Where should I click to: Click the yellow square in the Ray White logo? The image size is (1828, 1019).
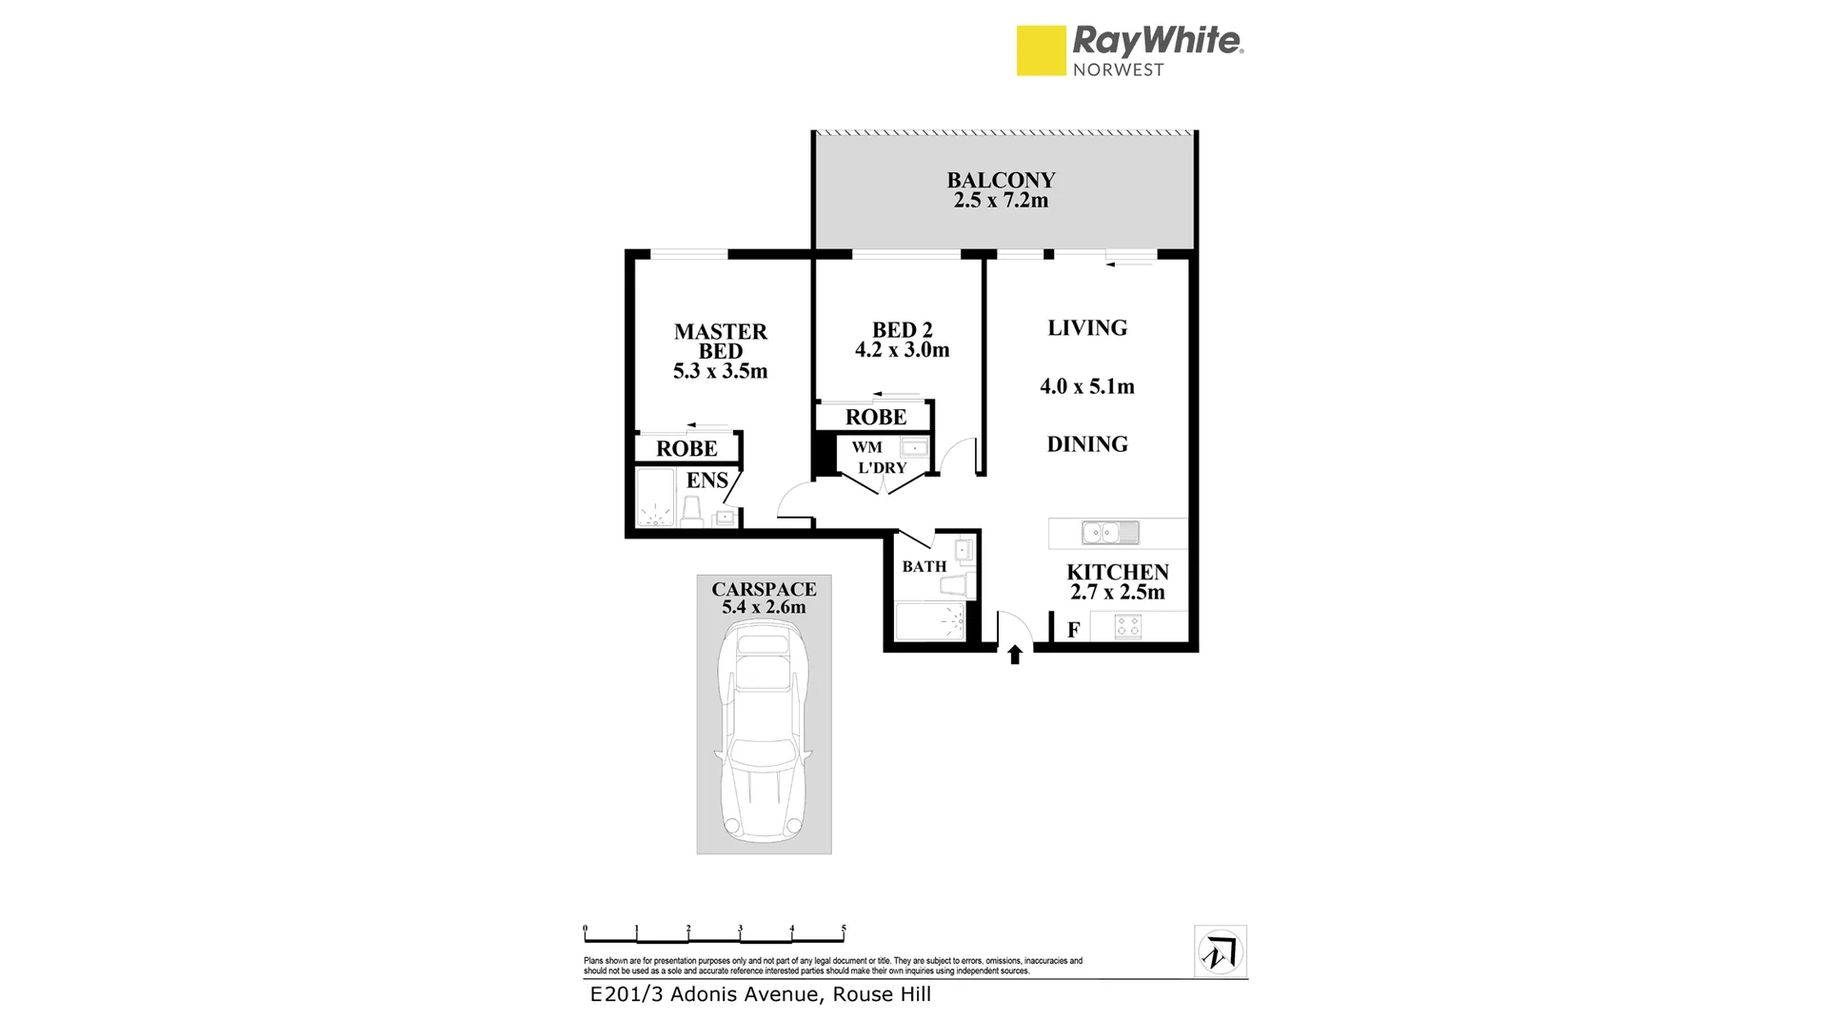(1041, 50)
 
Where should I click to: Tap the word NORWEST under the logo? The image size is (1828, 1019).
(1118, 69)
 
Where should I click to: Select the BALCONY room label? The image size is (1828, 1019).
(1001, 180)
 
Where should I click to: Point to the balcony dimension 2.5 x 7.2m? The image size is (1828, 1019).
(1001, 201)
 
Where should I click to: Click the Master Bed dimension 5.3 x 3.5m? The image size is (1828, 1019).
(720, 372)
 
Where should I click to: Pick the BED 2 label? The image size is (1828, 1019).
(902, 330)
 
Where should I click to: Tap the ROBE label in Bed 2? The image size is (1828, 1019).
(876, 417)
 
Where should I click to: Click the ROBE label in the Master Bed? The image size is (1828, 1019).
(686, 448)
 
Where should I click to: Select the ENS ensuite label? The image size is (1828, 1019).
(706, 480)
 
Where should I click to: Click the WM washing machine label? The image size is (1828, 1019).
(866, 447)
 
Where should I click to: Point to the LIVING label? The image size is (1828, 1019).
(1087, 328)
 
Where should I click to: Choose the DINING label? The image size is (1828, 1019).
(1087, 444)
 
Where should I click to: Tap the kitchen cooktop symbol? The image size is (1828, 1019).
(1128, 627)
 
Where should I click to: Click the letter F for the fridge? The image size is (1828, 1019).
(1073, 630)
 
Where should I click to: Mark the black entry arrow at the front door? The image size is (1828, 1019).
(1015, 654)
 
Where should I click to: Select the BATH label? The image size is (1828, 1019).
(924, 566)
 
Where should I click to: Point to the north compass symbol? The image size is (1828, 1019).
(1221, 951)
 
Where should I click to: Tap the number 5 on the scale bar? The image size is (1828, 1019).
(844, 929)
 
